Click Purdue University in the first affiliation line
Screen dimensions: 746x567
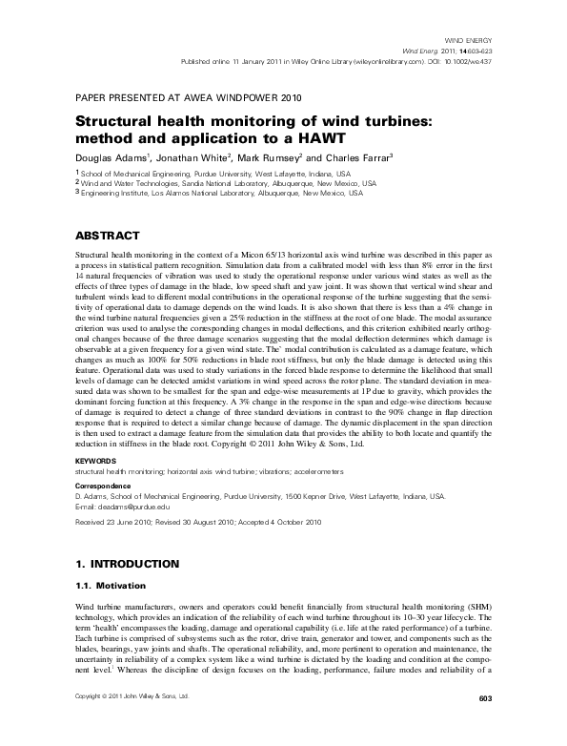pyautogui.click(x=217, y=175)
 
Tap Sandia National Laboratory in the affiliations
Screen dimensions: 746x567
pyautogui.click(x=215, y=183)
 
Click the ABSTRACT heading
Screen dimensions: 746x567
pyautogui.click(x=108, y=236)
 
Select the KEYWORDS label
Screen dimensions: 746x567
pyautogui.click(x=95, y=462)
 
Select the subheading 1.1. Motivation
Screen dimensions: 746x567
pyautogui.click(x=109, y=585)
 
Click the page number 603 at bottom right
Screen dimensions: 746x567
pyautogui.click(x=482, y=727)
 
